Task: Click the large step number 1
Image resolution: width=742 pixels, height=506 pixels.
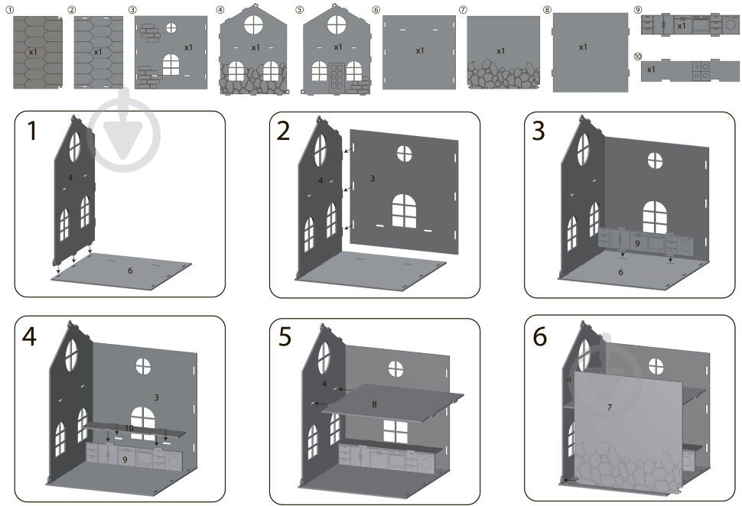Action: coord(31,131)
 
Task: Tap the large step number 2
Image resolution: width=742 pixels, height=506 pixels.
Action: coord(283,131)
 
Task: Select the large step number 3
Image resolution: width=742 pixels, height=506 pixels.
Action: coord(539,131)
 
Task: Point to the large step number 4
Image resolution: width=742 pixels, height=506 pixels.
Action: coord(29,337)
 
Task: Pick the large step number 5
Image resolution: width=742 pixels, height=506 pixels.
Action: coord(285,337)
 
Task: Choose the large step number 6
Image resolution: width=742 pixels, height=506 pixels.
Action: coord(540,337)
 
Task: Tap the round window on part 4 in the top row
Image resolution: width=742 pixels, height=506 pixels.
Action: coord(254,24)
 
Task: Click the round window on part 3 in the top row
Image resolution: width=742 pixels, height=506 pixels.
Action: coord(171,28)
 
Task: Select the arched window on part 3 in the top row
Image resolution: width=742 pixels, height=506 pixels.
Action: coord(171,65)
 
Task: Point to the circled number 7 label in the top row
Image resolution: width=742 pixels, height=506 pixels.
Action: coord(463,9)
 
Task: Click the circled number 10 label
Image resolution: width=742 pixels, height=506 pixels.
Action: coord(638,57)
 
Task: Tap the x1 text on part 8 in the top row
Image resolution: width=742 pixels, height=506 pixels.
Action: coord(583,47)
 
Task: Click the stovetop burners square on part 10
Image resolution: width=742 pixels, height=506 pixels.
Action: coord(701,71)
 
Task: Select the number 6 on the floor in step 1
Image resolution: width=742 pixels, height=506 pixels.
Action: coord(130,271)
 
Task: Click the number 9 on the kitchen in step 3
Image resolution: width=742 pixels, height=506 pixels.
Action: coord(637,244)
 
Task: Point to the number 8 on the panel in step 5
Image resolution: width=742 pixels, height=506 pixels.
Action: coord(374,404)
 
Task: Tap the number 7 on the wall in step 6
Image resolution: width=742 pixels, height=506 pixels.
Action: coord(610,407)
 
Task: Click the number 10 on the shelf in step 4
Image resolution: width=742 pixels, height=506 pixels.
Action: coord(129,428)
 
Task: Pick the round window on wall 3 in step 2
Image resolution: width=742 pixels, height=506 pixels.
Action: coord(404,153)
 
